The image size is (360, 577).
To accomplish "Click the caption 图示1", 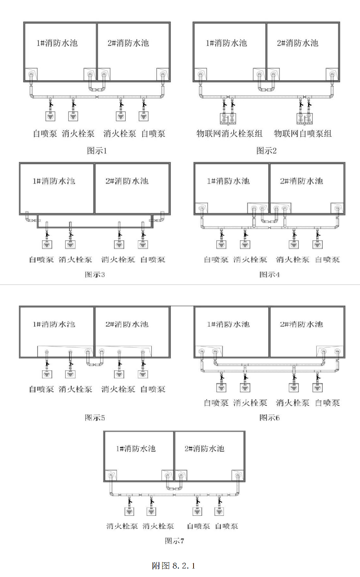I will (97, 151).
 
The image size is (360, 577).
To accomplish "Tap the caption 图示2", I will (266, 151).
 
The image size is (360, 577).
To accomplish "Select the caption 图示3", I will (95, 275).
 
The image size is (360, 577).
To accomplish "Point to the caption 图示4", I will (269, 275).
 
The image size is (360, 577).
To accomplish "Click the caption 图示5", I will (95, 418).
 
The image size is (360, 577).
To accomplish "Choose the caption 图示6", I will (269, 418).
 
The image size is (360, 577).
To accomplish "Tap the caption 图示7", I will (174, 541).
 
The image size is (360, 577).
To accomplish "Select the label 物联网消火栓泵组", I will (230, 134).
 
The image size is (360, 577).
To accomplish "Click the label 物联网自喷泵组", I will (303, 134).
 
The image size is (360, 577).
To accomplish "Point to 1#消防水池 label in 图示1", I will (57, 43).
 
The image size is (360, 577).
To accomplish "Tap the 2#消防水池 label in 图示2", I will (297, 43).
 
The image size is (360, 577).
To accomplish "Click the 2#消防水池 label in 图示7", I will (204, 449).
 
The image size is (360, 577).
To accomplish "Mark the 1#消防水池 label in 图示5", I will (54, 324).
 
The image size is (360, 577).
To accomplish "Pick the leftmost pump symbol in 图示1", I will (50, 116).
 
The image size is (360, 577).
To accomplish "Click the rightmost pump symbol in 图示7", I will (219, 511).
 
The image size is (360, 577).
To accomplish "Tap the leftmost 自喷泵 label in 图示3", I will (41, 260).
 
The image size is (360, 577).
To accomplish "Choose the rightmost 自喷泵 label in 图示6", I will (327, 403).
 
